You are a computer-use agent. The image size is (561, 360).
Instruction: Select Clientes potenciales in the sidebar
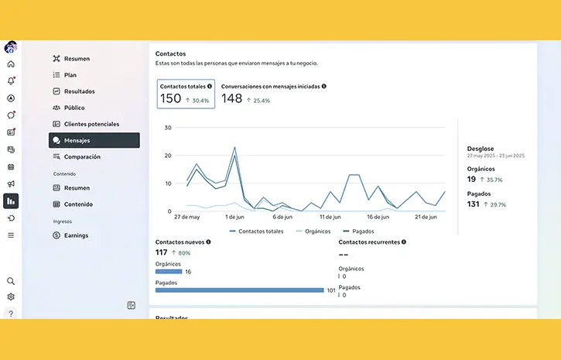91,124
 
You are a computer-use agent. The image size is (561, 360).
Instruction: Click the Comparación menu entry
82,157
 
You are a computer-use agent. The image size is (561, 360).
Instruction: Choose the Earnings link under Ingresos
76,235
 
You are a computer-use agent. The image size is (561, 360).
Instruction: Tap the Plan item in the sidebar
70,75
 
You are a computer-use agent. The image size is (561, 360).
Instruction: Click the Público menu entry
74,108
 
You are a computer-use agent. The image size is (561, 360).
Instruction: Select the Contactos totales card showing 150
185,94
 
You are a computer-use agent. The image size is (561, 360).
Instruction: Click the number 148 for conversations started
232,98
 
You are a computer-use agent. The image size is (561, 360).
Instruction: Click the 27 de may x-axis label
186,218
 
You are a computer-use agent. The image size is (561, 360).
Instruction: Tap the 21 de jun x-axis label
426,218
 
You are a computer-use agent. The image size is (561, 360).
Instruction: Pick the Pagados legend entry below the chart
363,231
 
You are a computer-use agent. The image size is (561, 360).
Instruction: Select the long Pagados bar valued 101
240,290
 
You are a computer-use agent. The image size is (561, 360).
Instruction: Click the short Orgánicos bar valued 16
169,272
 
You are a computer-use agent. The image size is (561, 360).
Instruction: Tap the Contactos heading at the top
170,53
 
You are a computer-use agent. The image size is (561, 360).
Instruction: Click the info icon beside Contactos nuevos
208,242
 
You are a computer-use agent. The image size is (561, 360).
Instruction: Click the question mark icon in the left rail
11,314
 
